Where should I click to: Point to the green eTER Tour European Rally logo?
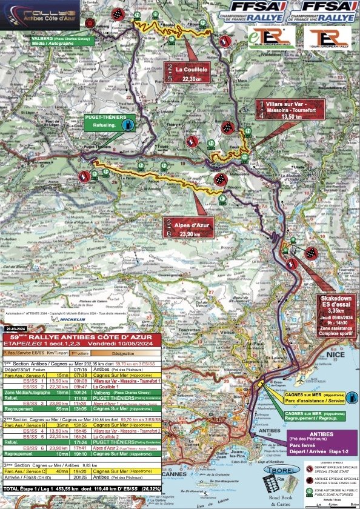(271, 38)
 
